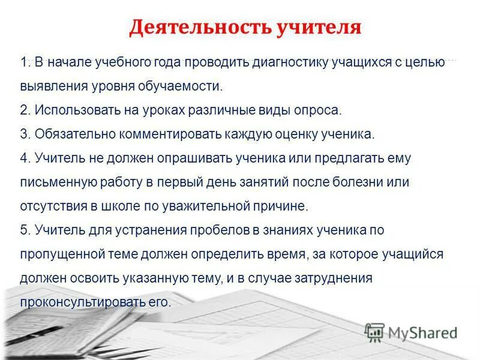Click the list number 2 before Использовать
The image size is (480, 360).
click(24, 110)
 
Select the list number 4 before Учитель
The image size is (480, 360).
click(24, 158)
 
